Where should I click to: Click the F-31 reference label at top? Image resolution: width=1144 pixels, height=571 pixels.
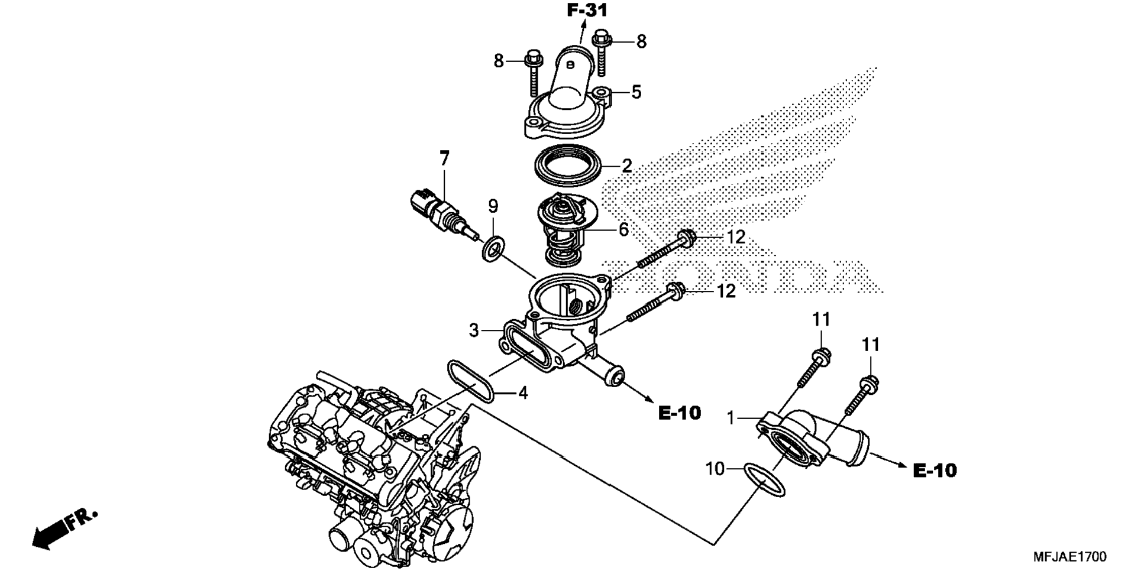[x=587, y=10]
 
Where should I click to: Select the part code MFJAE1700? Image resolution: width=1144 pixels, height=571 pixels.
[x=1069, y=557]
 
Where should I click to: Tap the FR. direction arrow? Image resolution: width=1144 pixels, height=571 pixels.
[x=64, y=527]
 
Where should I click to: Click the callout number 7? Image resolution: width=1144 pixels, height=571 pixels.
[x=444, y=158]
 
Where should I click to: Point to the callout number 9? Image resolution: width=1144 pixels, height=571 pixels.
[x=493, y=206]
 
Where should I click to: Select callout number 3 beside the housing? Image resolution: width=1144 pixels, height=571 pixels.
[x=473, y=330]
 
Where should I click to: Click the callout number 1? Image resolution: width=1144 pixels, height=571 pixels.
[x=731, y=418]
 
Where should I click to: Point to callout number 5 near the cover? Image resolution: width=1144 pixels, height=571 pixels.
[x=636, y=92]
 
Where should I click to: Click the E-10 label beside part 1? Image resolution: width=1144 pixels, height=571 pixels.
[x=935, y=471]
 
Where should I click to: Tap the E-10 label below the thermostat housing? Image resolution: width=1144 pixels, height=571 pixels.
[x=680, y=413]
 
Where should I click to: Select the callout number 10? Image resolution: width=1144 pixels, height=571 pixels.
[x=715, y=469]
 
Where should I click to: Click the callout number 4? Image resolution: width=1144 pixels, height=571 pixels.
[x=523, y=392]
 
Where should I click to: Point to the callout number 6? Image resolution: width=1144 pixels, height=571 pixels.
[x=623, y=229]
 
